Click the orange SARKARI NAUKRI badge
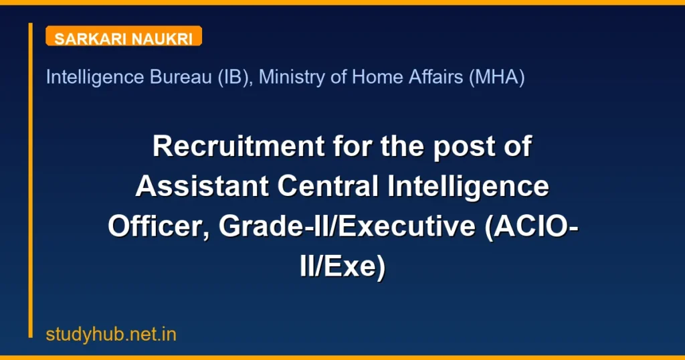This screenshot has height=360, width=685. tap(124, 37)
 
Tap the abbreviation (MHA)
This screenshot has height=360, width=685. tap(496, 78)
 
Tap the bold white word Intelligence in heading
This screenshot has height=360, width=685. tap(470, 187)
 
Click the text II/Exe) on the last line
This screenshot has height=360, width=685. tap(342, 267)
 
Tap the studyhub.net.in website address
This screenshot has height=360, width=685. tap(111, 335)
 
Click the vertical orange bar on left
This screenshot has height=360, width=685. tap(30, 180)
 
